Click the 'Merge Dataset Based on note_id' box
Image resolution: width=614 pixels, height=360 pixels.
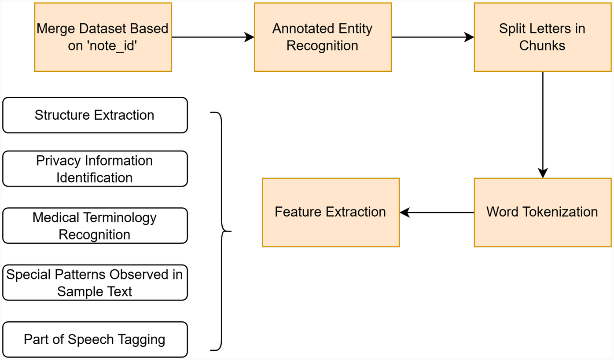click(x=103, y=37)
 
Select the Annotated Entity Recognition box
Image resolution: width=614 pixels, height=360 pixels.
click(x=323, y=37)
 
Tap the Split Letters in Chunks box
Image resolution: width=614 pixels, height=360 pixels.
click(x=542, y=37)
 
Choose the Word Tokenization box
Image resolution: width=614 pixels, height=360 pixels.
click(x=542, y=212)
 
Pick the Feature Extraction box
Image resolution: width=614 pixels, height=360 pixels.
click(x=331, y=212)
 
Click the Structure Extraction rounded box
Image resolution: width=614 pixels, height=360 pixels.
click(x=95, y=115)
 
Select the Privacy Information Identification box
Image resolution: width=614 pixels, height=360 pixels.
click(x=95, y=169)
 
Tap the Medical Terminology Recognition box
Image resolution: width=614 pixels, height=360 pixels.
click(x=95, y=226)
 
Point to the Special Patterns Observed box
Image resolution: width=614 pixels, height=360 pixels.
click(x=95, y=283)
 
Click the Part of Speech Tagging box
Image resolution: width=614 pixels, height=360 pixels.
click(x=95, y=339)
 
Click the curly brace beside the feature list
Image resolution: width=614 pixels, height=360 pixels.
click(x=221, y=231)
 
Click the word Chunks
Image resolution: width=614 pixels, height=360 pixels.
click(x=542, y=46)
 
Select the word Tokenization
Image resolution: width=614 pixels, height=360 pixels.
click(x=561, y=212)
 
